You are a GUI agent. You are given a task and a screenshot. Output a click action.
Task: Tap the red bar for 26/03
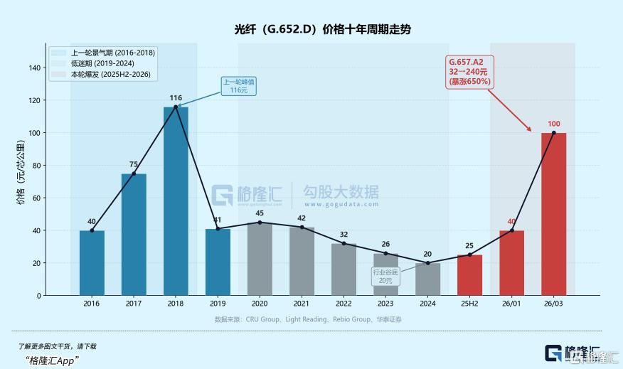[554, 213]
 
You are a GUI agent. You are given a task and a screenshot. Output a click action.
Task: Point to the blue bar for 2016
[92, 262]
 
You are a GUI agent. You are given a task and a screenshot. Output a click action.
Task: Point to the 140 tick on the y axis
[34, 68]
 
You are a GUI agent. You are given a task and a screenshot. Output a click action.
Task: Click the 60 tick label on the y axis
[36, 198]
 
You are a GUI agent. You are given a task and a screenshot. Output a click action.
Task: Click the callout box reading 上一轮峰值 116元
[239, 86]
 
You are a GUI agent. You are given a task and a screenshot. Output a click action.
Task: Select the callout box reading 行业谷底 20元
[385, 276]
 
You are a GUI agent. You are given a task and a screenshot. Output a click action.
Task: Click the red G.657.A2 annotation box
[469, 72]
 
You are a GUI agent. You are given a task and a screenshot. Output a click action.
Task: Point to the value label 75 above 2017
[134, 164]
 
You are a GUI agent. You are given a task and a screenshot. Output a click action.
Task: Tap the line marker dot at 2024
[427, 263]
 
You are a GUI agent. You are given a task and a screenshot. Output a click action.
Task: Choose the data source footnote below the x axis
[308, 319]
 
